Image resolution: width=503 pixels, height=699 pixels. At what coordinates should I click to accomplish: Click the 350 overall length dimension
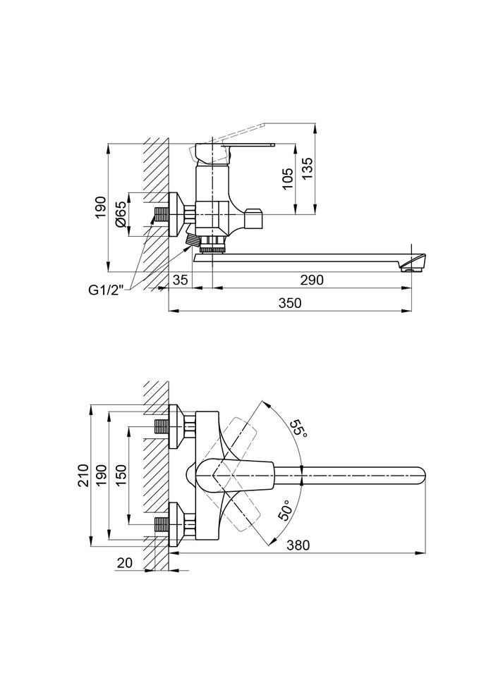[289, 303]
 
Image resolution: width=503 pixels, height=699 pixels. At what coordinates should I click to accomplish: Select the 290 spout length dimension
[312, 280]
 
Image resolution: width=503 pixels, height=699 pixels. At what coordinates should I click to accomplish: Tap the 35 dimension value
[180, 280]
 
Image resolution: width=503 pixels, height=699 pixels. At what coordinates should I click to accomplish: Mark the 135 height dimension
[308, 170]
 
